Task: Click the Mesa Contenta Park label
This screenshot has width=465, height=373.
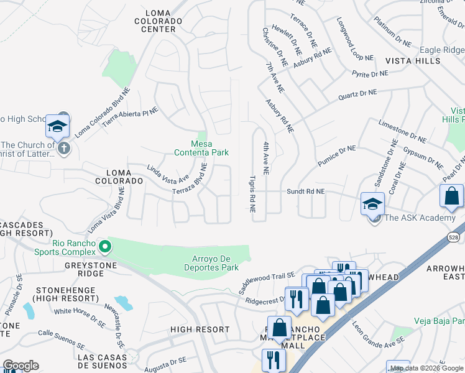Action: [201, 148]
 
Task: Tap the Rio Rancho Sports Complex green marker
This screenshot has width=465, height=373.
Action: [105, 247]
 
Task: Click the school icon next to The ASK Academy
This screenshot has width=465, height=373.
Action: [372, 203]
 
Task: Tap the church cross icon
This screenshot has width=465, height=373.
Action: [63, 149]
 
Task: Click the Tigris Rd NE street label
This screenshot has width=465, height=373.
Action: [253, 193]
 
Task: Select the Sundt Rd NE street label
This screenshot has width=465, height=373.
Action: [305, 192]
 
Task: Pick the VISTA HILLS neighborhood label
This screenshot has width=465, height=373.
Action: [413, 61]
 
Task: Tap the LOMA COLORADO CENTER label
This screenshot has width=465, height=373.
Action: [162, 21]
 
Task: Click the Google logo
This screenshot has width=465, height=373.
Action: [21, 366]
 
